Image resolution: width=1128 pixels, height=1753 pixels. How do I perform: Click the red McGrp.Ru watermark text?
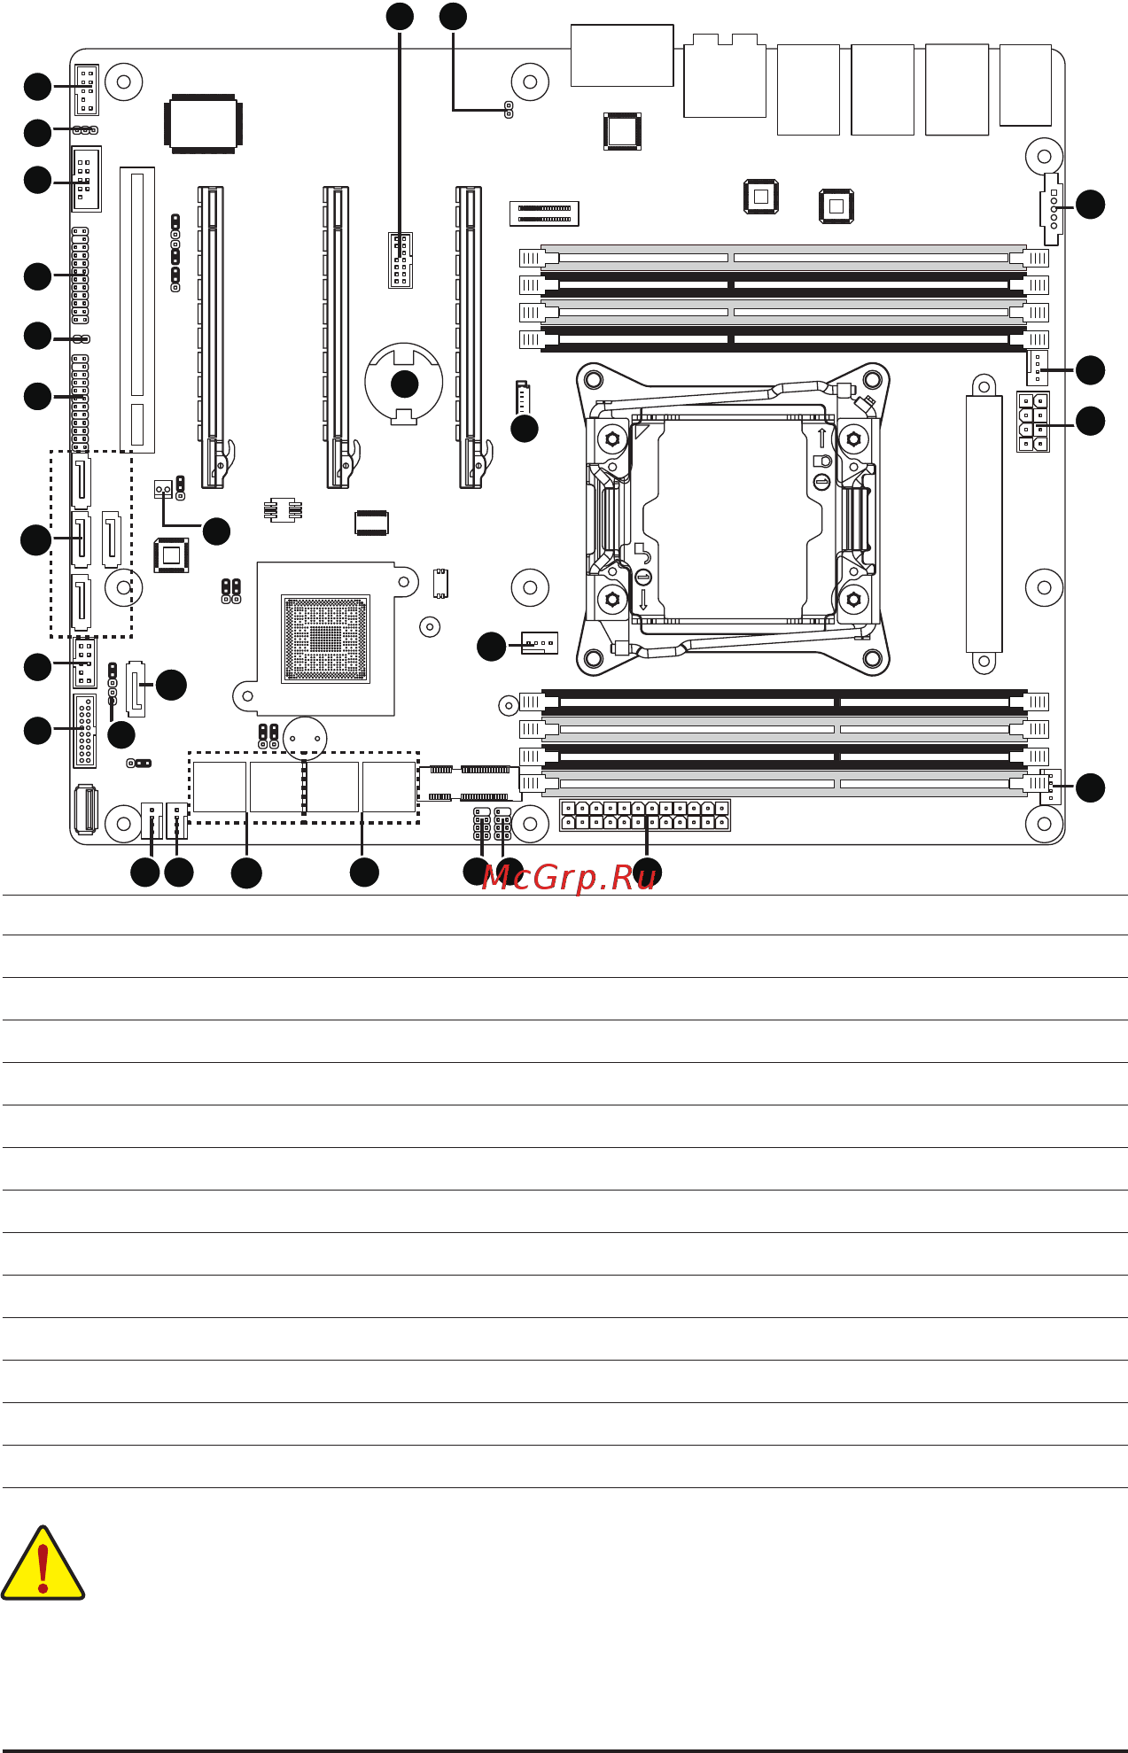tap(569, 877)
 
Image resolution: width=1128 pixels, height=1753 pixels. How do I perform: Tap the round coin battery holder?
tap(403, 383)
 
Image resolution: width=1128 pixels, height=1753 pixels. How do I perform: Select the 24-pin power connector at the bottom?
tap(645, 815)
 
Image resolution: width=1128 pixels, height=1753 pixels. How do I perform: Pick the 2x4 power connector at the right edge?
tap(1033, 422)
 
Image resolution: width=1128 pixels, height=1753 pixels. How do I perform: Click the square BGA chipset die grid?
tap(325, 639)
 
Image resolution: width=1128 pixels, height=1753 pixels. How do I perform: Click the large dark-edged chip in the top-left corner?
tap(203, 123)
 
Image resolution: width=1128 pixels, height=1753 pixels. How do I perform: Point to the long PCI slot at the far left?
tap(137, 310)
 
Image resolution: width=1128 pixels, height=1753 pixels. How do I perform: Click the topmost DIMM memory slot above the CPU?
tap(783, 258)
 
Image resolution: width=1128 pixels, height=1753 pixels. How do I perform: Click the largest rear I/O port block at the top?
tap(622, 56)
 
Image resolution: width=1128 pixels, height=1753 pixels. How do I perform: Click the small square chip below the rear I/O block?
tap(623, 131)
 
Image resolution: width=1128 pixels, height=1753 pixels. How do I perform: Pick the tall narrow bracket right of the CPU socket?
tap(984, 523)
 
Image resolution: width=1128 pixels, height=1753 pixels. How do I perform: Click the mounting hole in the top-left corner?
tap(124, 82)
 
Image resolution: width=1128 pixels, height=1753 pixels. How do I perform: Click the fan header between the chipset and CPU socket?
tap(539, 643)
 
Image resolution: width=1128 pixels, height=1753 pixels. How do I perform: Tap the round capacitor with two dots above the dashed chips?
tap(306, 738)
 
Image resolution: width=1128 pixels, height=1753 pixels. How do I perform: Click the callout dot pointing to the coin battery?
tap(404, 384)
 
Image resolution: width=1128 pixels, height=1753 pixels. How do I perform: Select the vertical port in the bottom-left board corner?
tap(85, 810)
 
